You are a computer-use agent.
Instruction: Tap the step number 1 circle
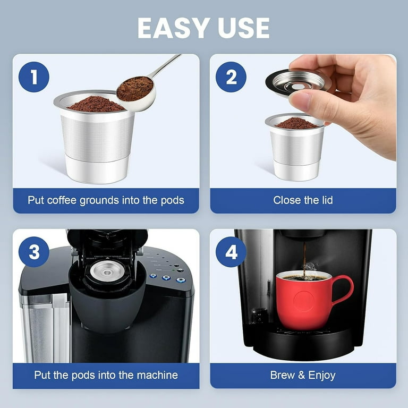(x=34, y=77)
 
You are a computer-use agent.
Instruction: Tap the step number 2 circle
(x=231, y=77)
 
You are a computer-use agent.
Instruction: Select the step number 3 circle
(x=34, y=252)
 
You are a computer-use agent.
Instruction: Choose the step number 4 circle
(x=231, y=252)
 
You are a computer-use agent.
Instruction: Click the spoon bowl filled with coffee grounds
(x=134, y=89)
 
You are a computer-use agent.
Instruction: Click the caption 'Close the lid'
(x=303, y=200)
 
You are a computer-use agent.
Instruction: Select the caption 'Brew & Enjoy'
(x=303, y=375)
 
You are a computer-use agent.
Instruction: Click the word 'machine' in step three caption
(x=155, y=375)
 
